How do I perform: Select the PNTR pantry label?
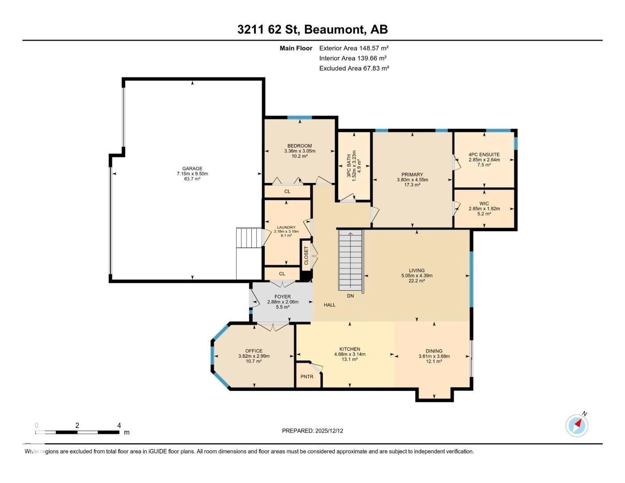(307, 377)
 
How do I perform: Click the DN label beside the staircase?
(350, 296)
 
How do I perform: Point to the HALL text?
(329, 305)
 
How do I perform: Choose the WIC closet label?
(484, 203)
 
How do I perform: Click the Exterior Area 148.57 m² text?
(354, 48)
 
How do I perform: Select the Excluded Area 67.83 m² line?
(354, 68)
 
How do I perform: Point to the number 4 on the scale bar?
(119, 425)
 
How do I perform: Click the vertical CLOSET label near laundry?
(306, 255)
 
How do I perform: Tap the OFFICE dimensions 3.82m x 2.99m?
(254, 356)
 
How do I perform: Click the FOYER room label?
(282, 297)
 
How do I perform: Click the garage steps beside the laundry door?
(248, 238)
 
